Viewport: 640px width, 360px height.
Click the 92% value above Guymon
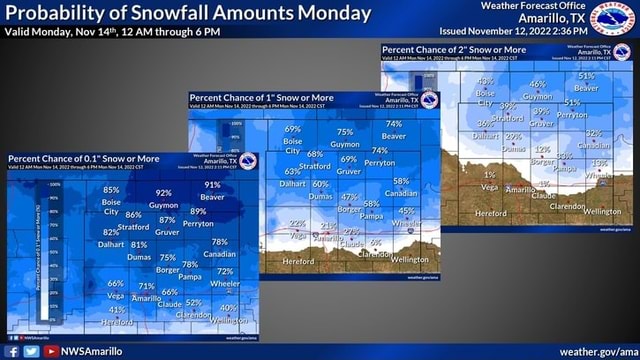pos(164,193)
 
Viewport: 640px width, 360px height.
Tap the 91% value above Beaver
pos(212,185)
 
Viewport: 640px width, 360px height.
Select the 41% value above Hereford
pos(117,310)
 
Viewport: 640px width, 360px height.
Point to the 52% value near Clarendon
pos(194,303)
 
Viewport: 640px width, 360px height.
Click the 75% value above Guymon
pos(345,132)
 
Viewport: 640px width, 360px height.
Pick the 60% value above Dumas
pos(320,184)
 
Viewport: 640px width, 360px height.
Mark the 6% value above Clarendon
pos(375,242)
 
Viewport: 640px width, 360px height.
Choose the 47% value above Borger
pos(349,197)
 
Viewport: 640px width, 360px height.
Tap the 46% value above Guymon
pos(537,84)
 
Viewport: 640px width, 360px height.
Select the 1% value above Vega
pos(489,174)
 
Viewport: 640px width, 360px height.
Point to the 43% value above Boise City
pos(486,81)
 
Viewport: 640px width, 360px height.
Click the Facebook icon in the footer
pos(13,351)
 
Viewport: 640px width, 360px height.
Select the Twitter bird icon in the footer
pos(31,351)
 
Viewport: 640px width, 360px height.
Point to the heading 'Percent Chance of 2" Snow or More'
pos(454,49)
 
